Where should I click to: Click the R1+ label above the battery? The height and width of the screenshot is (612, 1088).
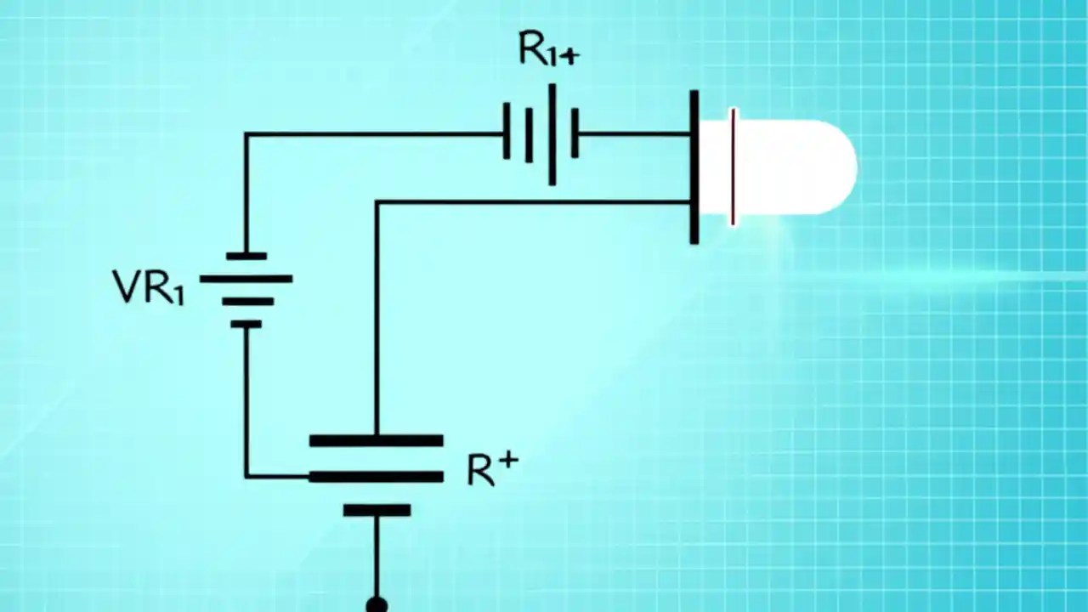pos(548,51)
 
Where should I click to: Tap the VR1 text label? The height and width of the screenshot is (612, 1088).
pos(148,287)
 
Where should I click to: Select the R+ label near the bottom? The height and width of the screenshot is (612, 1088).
pos(492,468)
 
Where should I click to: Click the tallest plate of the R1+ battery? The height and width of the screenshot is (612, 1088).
pos(552,134)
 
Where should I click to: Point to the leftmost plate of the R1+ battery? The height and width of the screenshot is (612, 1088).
pos(507,131)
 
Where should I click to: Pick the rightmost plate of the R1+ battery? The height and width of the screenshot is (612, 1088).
pos(575,133)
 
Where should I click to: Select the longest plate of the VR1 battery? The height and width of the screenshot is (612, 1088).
pos(246,279)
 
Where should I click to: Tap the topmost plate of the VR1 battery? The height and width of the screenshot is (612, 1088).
pos(246,256)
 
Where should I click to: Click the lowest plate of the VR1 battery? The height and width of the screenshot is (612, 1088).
pos(246,324)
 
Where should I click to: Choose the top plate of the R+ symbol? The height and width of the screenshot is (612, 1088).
pos(376,440)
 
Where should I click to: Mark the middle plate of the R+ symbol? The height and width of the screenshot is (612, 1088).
pos(376,477)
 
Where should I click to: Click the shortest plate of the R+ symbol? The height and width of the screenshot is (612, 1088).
pos(377,511)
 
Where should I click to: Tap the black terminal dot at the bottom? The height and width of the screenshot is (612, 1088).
pos(377,604)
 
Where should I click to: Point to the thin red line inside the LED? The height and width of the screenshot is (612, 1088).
pos(733,167)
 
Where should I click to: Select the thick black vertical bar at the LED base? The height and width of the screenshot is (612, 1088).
pos(694,167)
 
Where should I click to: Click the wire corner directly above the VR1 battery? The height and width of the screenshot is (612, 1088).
pos(246,134)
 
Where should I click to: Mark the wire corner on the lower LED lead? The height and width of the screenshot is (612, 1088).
pos(377,202)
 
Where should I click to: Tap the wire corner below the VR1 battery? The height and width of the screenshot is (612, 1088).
pos(246,476)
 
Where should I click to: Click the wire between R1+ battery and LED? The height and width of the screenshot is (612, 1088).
pos(633,133)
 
